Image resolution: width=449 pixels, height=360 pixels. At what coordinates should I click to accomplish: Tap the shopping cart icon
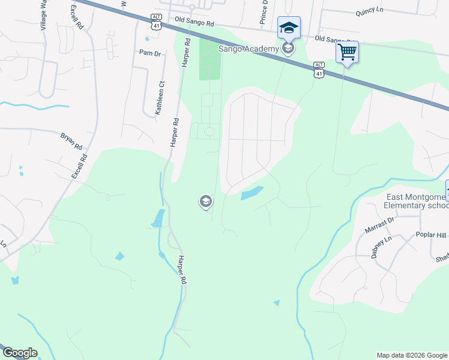click(x=347, y=52)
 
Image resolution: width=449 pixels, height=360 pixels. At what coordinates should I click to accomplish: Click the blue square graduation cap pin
click(x=288, y=27)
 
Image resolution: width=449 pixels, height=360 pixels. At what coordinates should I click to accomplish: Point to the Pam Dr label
click(x=150, y=53)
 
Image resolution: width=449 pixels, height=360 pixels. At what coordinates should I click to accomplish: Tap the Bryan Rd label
click(x=71, y=142)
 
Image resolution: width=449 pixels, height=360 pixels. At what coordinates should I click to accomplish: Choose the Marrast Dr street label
click(x=379, y=225)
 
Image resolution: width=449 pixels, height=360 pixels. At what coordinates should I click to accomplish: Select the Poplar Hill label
click(x=432, y=235)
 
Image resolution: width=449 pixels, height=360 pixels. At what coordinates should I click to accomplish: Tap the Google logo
click(x=19, y=353)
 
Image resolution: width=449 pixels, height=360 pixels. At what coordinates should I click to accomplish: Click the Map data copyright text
click(x=412, y=355)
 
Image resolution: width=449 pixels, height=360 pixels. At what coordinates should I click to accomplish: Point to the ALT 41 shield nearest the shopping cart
click(x=319, y=70)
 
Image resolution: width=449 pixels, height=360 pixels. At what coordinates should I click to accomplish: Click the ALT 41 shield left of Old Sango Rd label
click(x=156, y=21)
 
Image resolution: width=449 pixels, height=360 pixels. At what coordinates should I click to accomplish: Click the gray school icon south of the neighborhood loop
click(x=205, y=202)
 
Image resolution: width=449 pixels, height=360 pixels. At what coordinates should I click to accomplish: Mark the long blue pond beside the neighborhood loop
click(x=252, y=193)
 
